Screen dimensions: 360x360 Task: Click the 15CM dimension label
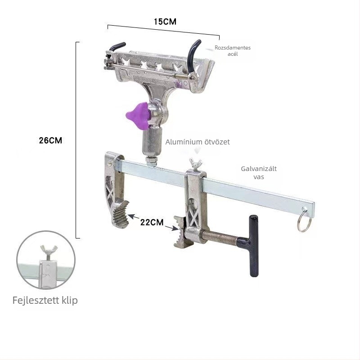pos(165,22)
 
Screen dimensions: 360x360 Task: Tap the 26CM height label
pos(50,140)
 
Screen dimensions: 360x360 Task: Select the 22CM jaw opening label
pos(152,222)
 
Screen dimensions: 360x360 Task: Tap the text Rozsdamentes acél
pos(233,51)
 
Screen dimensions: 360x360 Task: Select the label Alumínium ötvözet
pos(198,142)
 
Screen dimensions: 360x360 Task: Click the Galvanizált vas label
pos(259,173)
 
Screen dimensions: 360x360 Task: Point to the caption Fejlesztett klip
pos(45,300)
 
